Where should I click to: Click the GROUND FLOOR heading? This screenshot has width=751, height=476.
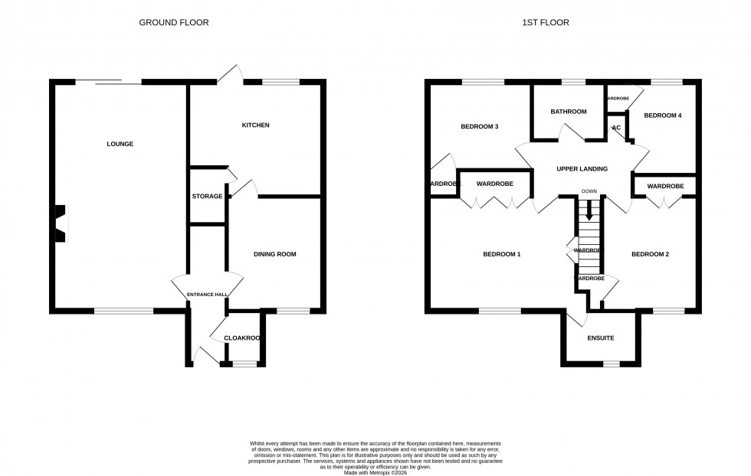click(173, 23)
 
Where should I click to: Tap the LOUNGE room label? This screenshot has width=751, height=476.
click(120, 144)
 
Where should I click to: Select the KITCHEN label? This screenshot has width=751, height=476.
click(255, 125)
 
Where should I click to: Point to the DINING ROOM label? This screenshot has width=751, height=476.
click(274, 254)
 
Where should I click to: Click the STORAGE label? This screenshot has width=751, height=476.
click(207, 197)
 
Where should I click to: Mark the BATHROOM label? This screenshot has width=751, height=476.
click(569, 112)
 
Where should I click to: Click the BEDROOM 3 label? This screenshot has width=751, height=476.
click(480, 126)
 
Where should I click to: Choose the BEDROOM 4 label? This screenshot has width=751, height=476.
click(662, 116)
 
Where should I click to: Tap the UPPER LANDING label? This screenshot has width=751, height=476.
click(582, 169)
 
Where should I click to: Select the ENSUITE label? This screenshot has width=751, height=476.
click(600, 337)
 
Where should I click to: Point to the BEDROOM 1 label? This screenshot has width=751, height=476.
click(501, 254)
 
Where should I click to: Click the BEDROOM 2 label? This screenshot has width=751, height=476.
click(650, 254)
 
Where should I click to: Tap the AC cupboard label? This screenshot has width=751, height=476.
click(615, 128)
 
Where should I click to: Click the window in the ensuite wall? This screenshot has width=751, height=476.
click(611, 363)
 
